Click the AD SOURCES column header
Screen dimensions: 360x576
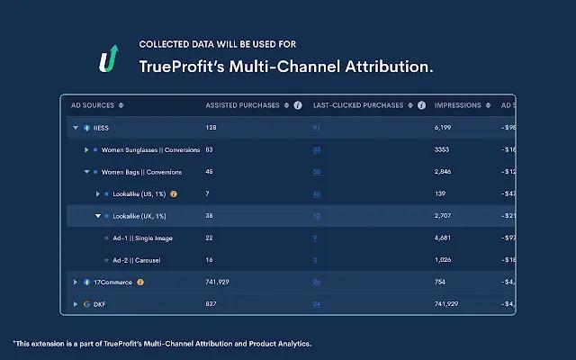(x=94, y=105)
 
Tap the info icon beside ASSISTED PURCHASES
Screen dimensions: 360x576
(x=297, y=105)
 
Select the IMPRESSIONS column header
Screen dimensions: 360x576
(x=458, y=105)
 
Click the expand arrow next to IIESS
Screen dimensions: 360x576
(x=76, y=128)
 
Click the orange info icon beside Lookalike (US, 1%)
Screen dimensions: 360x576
(x=174, y=193)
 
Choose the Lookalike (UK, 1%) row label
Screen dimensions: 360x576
(x=139, y=216)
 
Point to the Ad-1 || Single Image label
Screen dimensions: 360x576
(x=142, y=238)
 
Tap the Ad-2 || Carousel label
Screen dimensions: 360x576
(x=137, y=260)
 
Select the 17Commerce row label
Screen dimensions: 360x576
(x=112, y=282)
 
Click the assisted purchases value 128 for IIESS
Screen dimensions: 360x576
(x=212, y=128)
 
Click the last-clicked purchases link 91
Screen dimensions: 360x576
(x=317, y=128)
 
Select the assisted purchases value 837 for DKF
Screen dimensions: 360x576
(x=212, y=304)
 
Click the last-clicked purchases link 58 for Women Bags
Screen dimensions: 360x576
(x=317, y=172)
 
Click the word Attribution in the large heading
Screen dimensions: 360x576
(x=396, y=67)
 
